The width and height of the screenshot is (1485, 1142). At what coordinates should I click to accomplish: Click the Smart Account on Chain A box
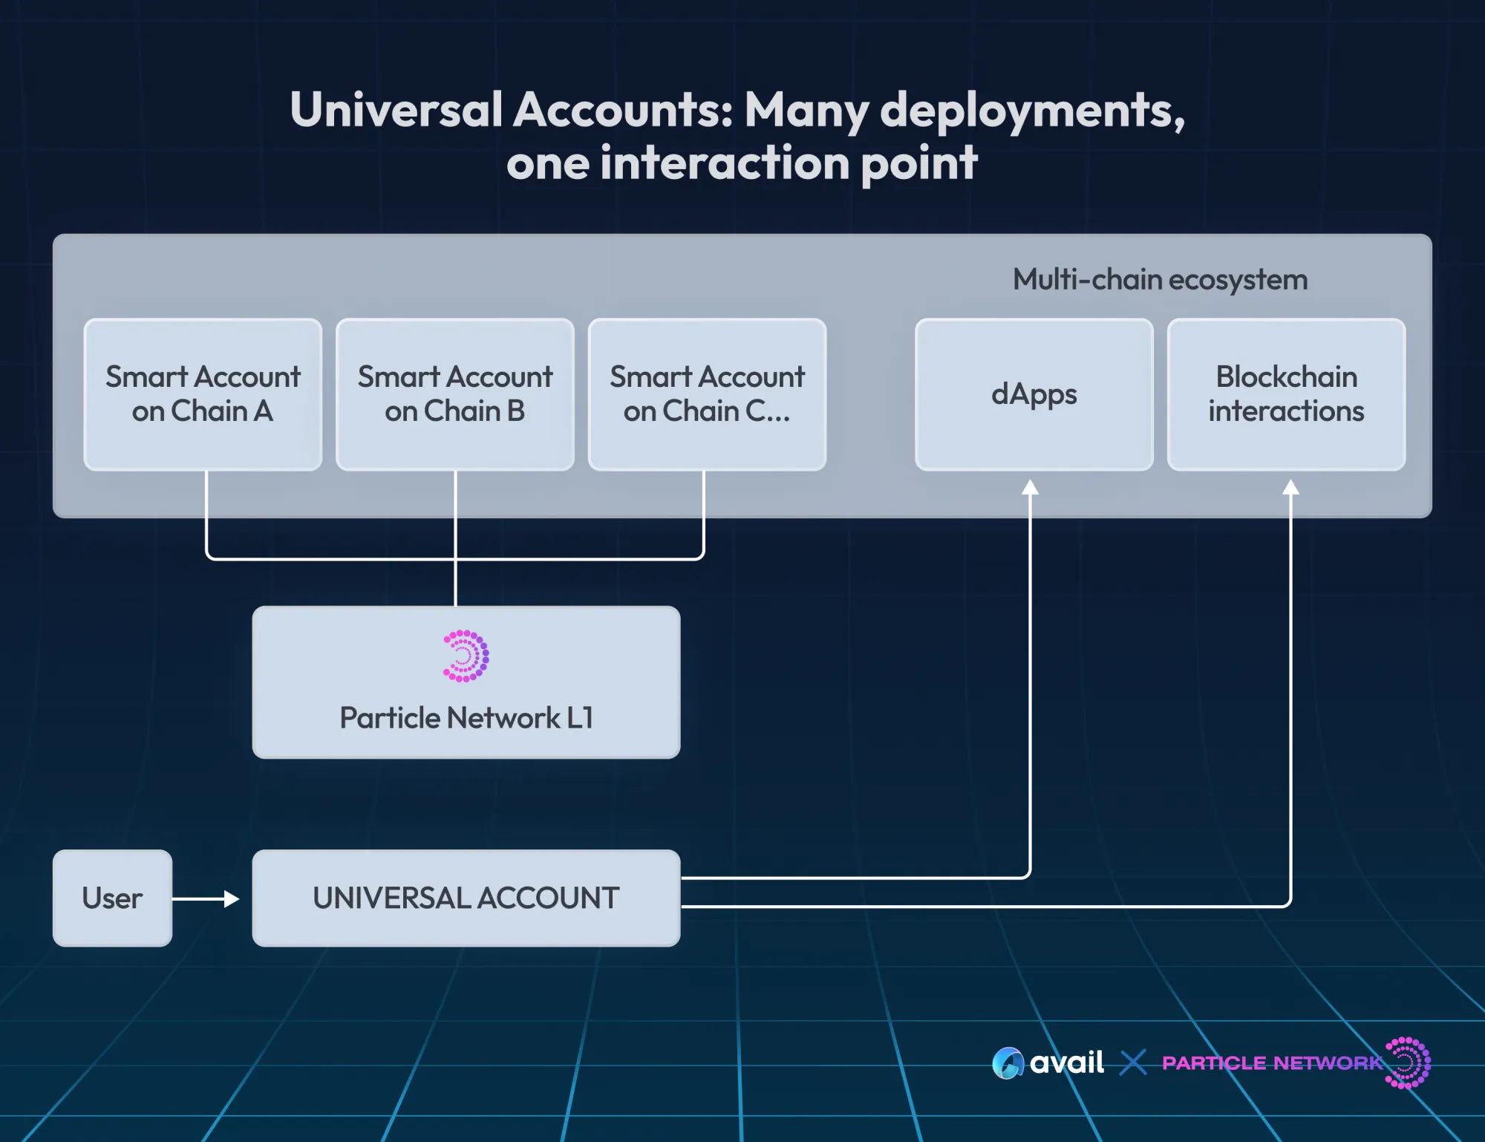point(203,394)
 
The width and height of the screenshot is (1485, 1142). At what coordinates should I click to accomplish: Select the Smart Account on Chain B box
point(455,394)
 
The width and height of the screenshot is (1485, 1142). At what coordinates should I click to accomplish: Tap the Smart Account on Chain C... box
point(707,394)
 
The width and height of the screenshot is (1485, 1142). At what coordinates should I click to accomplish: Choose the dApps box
point(1034,394)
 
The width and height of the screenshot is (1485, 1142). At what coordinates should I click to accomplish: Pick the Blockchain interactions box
point(1286,394)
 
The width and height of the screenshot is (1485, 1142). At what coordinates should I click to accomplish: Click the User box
point(112,898)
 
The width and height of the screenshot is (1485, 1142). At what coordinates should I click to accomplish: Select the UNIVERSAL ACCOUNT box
point(466,898)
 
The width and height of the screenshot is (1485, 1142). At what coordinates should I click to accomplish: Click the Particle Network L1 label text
point(466,718)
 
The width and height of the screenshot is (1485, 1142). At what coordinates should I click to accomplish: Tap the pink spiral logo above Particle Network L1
point(466,656)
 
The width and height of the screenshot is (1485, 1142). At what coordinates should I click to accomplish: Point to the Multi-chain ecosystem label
point(1160,280)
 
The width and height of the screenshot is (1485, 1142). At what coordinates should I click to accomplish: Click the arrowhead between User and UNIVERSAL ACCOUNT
point(232,899)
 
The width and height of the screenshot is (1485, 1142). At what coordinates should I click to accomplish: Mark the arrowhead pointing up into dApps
point(1030,487)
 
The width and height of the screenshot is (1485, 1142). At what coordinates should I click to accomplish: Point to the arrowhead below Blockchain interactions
point(1290,487)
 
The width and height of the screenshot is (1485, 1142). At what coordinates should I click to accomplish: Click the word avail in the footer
point(1066,1063)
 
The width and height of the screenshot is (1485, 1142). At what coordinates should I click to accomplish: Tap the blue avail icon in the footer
point(1008,1063)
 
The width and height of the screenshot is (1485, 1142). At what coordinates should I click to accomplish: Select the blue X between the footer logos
point(1133,1063)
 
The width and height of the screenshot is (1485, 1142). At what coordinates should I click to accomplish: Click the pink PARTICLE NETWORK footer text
point(1272,1063)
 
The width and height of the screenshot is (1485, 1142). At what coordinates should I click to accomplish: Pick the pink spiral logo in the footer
point(1408,1063)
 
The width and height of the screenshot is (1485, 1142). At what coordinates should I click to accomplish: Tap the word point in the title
point(918,163)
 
